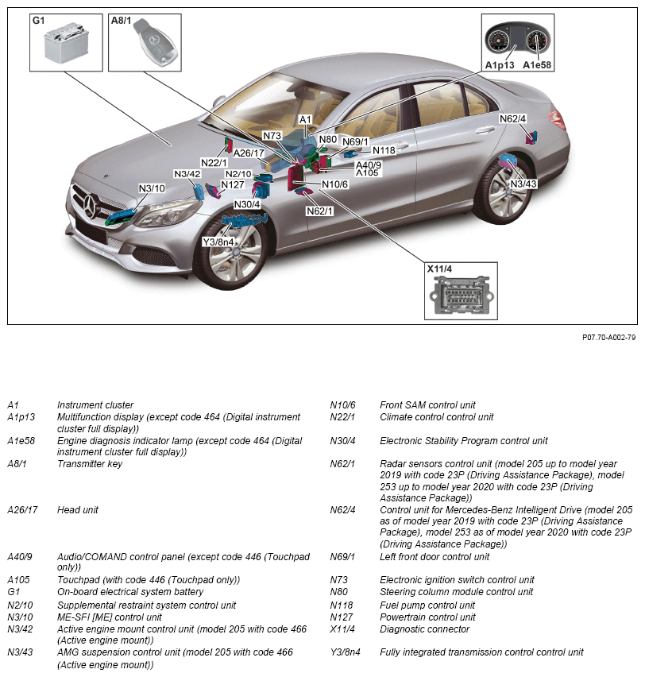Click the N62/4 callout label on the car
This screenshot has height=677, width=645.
point(512,119)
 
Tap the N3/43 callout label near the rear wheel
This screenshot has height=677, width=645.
point(523,184)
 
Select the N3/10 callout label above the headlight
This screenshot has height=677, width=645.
point(151,188)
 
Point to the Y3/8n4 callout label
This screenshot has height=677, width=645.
point(218,242)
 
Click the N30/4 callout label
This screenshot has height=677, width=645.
point(246,204)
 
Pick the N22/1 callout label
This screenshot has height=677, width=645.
point(214,163)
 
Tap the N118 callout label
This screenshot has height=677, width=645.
point(384,150)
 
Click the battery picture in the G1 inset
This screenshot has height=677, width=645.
point(65,44)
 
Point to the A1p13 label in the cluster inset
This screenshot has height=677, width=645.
point(500,64)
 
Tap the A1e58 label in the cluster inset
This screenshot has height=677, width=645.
point(538,64)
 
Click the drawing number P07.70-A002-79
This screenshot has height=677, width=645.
point(608,338)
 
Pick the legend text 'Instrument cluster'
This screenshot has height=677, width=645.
point(95,405)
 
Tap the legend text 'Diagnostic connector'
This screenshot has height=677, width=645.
point(424,629)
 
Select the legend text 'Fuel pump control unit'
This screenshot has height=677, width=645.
point(427,605)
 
